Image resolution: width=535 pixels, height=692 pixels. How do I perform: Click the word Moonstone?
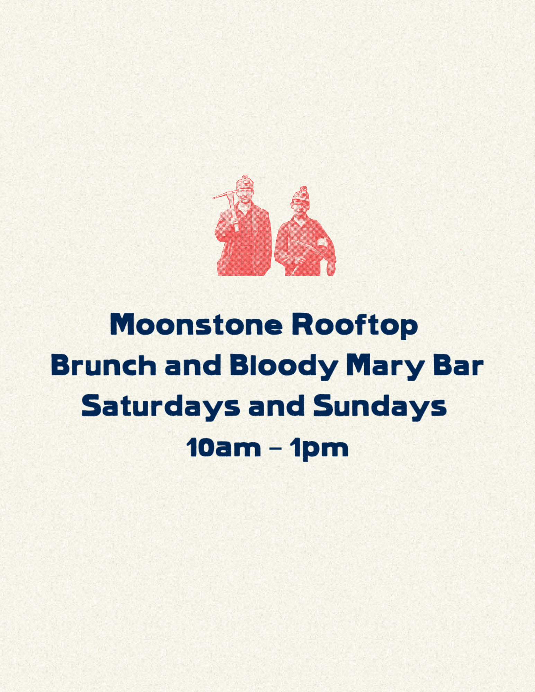tap(196, 325)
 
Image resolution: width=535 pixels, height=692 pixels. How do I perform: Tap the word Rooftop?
tap(355, 326)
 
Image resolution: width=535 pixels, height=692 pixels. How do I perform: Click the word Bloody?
tap(284, 367)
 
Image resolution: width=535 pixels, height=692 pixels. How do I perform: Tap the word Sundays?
tap(380, 407)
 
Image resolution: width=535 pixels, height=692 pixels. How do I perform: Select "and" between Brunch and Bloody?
tap(193, 365)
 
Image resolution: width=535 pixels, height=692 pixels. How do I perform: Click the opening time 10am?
tap(223, 448)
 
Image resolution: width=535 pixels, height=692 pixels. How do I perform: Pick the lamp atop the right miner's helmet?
tap(304, 190)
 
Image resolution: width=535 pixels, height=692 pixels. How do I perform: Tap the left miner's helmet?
tap(245, 182)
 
